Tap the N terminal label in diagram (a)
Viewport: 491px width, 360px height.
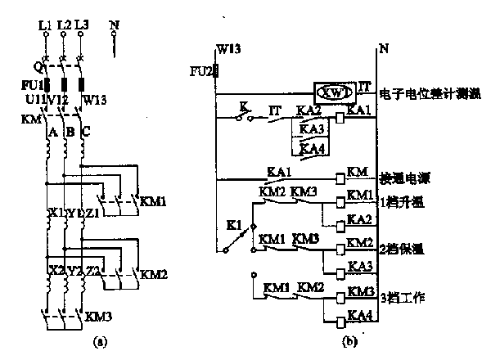pyautogui.click(x=113, y=25)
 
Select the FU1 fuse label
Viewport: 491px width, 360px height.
pyautogui.click(x=30, y=85)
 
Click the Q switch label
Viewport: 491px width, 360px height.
pyautogui.click(x=37, y=66)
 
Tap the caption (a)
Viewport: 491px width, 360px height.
pyautogui.click(x=100, y=339)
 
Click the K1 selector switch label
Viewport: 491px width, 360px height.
pyautogui.click(x=233, y=222)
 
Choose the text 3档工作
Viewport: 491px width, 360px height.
pyautogui.click(x=401, y=294)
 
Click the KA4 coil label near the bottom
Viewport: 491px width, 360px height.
pyautogui.click(x=358, y=314)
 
